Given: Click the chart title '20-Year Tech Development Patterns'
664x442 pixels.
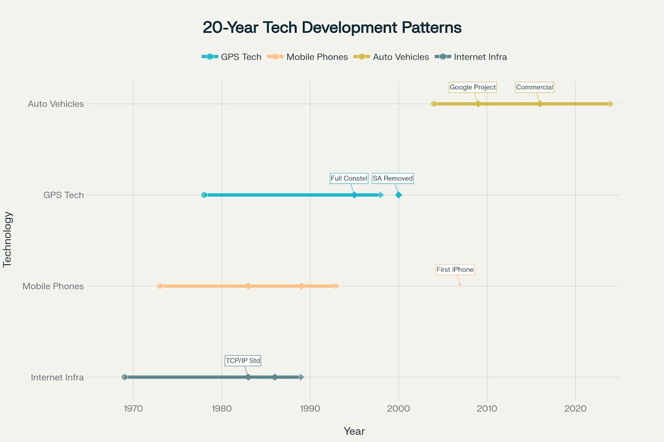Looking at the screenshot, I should tap(332, 28).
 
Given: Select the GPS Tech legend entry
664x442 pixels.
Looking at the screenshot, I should tap(232, 57).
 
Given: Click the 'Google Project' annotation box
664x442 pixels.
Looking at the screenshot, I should tap(472, 87).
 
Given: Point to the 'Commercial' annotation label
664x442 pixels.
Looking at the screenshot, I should tap(534, 87).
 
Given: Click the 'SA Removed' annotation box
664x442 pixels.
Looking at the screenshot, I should tap(393, 178).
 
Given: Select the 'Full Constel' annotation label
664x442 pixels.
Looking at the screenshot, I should tap(349, 178).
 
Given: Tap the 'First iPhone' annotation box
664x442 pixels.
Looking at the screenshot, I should tap(455, 269).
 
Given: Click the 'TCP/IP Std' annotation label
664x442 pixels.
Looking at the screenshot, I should tap(243, 360).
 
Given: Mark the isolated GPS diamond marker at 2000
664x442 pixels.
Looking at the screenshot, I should tap(399, 195).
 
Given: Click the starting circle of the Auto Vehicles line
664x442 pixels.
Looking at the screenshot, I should tap(434, 104).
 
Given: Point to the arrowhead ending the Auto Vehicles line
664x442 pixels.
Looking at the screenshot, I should tap(611, 104).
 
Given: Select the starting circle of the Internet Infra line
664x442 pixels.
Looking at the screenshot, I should tap(124, 377).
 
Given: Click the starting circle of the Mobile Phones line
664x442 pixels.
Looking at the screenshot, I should tap(160, 286).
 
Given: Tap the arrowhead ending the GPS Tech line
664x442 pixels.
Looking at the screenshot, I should tap(381, 195).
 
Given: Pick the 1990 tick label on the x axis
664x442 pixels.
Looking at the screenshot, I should tap(310, 408).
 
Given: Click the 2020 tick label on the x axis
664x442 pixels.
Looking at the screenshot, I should tap(575, 408).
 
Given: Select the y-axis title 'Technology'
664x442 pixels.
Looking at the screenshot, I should tap(7, 240).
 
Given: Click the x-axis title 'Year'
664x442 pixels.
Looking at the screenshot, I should tap(354, 431).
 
